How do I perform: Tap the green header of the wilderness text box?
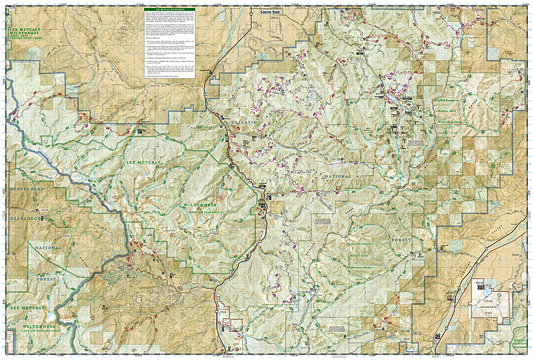point(169,9)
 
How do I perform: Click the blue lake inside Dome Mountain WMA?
point(483,291)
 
